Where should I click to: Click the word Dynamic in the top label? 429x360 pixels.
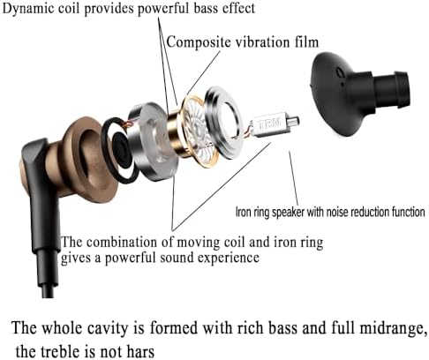coord(28,9)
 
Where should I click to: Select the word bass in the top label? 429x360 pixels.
coord(206,8)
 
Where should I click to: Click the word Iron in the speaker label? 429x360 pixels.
coord(242,212)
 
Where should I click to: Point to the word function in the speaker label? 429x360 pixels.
coord(409,212)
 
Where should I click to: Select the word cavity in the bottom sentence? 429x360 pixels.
coord(108,327)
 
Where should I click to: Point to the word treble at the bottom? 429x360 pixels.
coord(60,351)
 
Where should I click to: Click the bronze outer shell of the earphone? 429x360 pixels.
coord(86,159)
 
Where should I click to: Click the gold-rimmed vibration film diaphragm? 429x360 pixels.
coord(200,131)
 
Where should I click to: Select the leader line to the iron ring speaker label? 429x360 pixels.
coord(293,178)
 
